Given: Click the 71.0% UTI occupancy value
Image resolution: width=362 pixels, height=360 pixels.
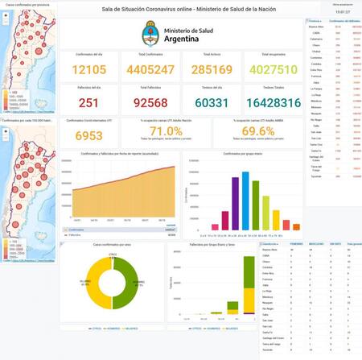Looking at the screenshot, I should [167, 131].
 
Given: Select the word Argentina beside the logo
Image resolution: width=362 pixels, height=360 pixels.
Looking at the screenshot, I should [195, 38].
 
